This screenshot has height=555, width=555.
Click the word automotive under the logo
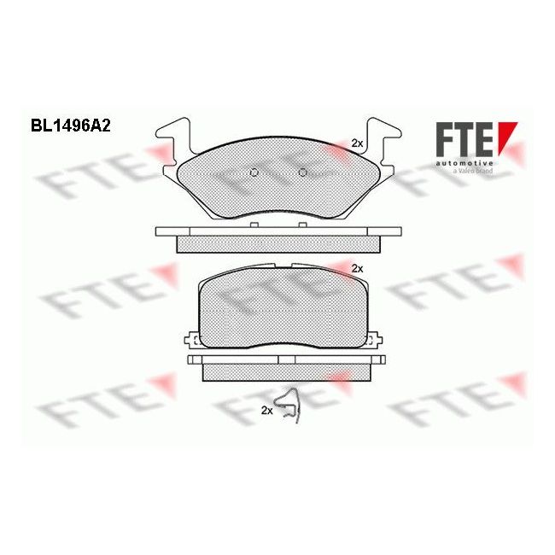point(464,161)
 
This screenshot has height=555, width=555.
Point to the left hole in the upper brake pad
point(253,173)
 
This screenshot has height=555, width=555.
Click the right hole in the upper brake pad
point(302,173)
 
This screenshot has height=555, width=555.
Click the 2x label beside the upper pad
point(357,144)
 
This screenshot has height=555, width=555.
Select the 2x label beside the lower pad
point(357,268)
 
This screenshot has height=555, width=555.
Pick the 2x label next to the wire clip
point(266,411)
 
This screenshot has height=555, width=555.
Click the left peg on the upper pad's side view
point(254,225)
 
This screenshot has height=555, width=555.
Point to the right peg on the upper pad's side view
point(301,225)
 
